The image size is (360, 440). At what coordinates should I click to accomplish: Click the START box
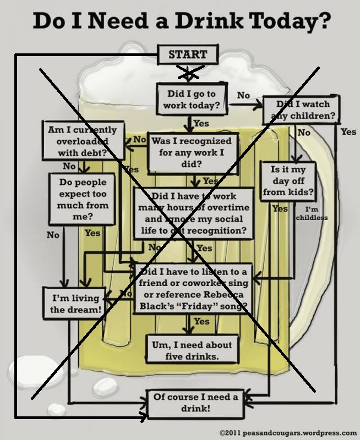coord(188,54)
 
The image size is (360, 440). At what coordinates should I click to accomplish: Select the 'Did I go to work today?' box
coord(192,100)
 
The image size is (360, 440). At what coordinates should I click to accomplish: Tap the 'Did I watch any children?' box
coord(301,110)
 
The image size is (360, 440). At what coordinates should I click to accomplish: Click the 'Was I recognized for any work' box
coord(192,152)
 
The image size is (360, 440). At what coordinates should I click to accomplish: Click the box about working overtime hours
coord(193,213)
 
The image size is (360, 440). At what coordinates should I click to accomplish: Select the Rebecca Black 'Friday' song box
coord(194,289)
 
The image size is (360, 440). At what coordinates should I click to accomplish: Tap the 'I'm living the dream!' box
coord(76,304)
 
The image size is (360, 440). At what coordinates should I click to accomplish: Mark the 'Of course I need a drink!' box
coord(195,403)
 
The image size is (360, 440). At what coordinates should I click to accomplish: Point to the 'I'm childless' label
coord(312,213)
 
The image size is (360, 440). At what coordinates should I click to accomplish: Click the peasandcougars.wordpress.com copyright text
coord(288,433)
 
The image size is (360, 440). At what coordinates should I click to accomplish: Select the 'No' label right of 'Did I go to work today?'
coord(243,95)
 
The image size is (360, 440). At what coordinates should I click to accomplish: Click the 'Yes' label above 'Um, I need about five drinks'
coord(202,321)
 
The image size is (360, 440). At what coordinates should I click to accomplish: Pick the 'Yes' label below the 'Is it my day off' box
coord(280,209)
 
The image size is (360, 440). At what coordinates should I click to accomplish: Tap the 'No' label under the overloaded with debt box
coord(69,166)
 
